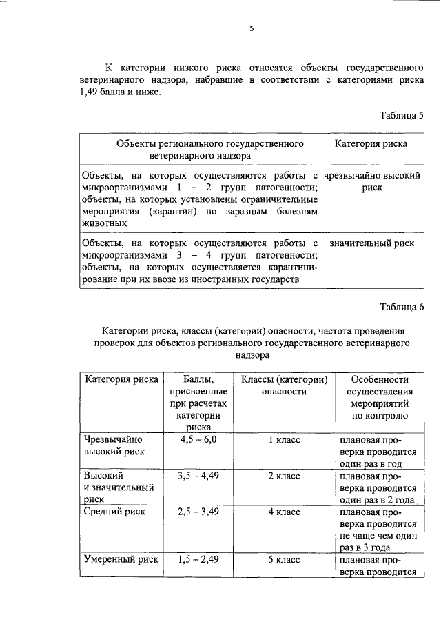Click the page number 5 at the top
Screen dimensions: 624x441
pos(252,29)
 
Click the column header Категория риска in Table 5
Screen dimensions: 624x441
pos(371,143)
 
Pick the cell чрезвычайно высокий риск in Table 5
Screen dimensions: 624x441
pos(371,181)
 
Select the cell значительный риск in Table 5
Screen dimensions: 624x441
pos(371,243)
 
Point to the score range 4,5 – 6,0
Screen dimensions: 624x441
pos(198,439)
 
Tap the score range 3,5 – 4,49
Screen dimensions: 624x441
pos(198,476)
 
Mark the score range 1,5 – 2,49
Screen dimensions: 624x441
pos(198,560)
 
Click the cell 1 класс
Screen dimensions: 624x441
pos(284,439)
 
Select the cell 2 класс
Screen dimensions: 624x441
pos(284,476)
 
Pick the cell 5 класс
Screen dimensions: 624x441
pos(284,560)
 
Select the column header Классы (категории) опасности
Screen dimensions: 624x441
pos(284,385)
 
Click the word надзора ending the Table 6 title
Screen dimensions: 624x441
pos(252,356)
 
